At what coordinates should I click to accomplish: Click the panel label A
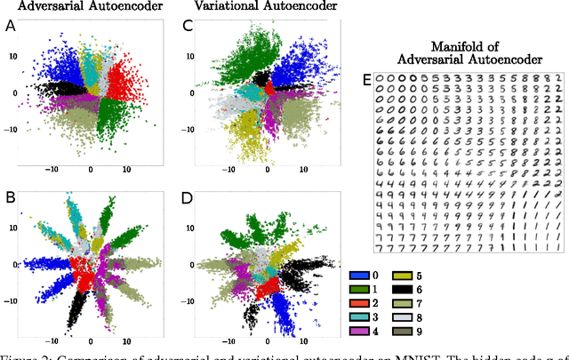point(10,27)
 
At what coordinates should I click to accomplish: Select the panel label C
point(188,27)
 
